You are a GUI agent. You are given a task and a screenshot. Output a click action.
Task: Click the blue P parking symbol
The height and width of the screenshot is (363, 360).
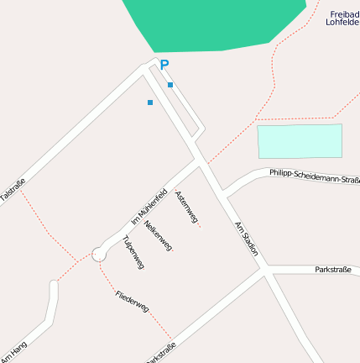[164, 65]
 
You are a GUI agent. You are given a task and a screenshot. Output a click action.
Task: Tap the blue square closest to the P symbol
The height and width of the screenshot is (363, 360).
[170, 85]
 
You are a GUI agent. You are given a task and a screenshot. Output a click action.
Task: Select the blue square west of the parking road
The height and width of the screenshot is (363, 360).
[150, 103]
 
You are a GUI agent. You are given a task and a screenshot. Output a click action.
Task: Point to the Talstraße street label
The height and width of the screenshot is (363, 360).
[13, 189]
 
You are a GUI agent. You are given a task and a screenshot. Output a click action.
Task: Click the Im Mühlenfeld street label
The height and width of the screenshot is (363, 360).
[149, 204]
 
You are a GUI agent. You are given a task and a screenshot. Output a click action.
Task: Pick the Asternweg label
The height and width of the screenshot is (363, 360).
[186, 208]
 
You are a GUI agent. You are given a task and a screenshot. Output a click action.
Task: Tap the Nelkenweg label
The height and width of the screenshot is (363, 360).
[158, 235]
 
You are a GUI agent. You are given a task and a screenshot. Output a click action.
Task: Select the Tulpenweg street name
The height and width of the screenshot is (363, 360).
[133, 251]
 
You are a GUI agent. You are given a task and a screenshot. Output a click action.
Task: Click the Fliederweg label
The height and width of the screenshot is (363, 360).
[132, 301]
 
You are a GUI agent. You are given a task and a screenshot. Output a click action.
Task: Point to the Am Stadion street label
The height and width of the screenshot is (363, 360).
[246, 239]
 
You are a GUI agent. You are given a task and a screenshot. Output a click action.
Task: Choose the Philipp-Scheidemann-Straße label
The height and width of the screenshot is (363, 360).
[315, 176]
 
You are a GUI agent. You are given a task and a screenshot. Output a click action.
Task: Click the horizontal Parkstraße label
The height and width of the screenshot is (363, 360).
[332, 270]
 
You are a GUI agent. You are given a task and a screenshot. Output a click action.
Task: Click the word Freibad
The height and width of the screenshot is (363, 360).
[344, 14]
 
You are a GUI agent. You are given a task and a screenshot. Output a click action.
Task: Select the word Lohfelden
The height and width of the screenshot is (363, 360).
[342, 23]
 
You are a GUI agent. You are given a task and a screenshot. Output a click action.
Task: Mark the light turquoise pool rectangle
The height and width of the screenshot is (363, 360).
[300, 140]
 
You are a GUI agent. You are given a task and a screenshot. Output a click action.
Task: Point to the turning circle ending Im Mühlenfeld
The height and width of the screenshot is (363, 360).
[98, 253]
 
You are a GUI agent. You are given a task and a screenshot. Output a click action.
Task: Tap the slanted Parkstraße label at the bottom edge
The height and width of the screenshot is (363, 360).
[160, 354]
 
